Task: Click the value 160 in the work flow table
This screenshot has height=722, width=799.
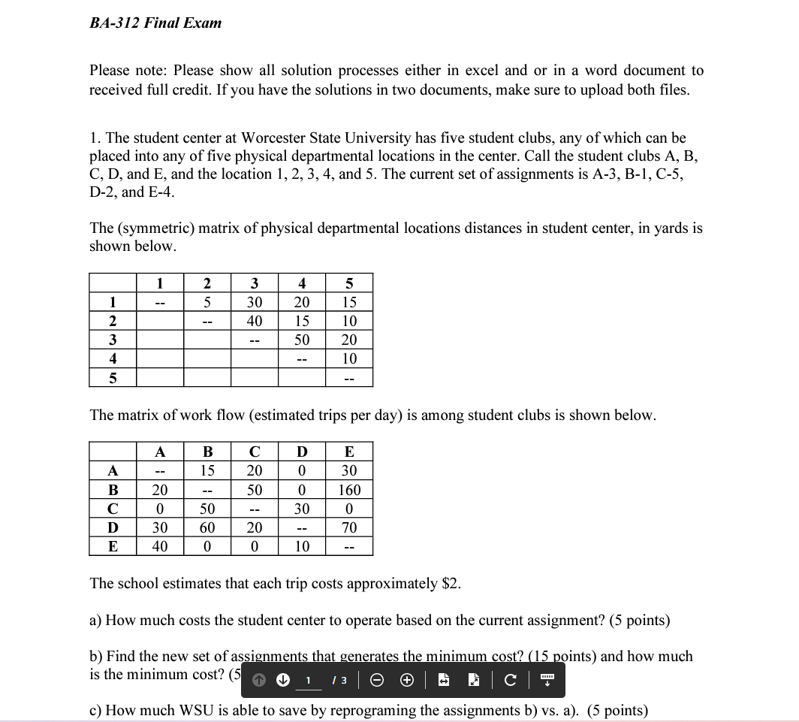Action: [349, 490]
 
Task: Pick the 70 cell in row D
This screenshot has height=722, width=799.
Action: [349, 527]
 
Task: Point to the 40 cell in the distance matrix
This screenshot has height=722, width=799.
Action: [255, 321]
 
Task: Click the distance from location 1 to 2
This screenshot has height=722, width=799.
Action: [207, 302]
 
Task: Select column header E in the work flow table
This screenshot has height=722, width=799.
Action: [349, 452]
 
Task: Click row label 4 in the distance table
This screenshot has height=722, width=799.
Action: [113, 358]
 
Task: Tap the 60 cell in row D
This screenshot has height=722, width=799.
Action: [207, 527]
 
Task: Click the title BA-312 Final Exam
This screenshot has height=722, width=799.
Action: [155, 23]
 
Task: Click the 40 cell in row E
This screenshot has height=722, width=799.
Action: [160, 546]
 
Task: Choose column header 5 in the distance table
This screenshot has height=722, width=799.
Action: [349, 283]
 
